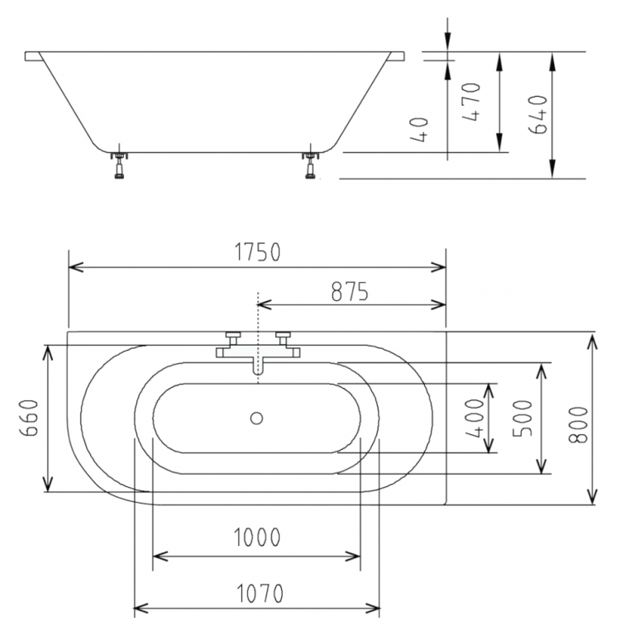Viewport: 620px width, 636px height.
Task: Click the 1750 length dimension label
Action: pos(257,252)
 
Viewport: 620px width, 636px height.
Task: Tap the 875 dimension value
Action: pos(350,292)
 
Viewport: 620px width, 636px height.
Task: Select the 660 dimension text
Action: pos(30,418)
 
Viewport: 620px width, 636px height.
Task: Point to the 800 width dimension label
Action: pos(578,424)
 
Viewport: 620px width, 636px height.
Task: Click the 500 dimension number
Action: pos(522,418)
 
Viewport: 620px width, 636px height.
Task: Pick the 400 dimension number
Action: pos(475,418)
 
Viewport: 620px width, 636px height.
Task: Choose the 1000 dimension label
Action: pos(257,537)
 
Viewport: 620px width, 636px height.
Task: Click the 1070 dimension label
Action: pos(260,594)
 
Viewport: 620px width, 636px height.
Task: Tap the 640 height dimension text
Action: pos(538,115)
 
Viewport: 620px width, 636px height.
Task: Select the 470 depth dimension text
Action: pos(471,102)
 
